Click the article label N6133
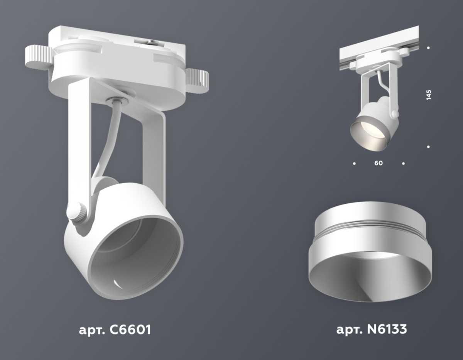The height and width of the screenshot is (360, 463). coord(372,330)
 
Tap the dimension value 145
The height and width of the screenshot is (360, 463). coord(429,95)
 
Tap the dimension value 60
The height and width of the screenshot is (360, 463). coord(379,163)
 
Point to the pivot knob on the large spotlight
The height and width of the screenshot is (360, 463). coord(76,212)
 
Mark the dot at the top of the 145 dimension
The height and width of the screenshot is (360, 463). coord(429,48)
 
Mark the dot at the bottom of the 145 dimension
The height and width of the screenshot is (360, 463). coord(429,147)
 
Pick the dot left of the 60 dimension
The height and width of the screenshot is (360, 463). coord(354,164)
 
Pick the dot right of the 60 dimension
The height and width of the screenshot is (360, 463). coord(403,164)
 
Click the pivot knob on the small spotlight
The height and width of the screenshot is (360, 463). coord(394,114)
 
